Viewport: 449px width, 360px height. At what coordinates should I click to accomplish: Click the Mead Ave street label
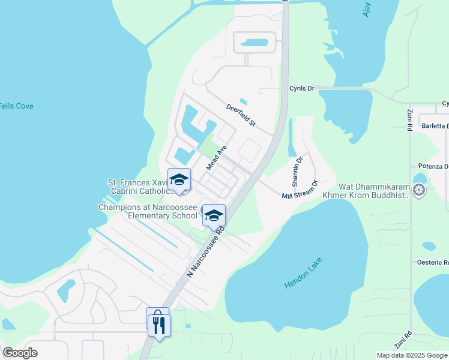click(x=217, y=157)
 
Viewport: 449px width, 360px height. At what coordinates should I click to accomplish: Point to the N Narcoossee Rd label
click(x=206, y=251)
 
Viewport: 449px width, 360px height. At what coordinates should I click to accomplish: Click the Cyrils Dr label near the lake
click(x=302, y=88)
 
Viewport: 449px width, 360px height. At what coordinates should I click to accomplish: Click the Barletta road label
click(x=435, y=126)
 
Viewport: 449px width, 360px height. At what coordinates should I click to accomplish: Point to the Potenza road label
click(x=433, y=166)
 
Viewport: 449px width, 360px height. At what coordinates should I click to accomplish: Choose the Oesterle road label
click(x=433, y=262)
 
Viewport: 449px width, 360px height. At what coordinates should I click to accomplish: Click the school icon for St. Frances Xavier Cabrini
click(x=179, y=180)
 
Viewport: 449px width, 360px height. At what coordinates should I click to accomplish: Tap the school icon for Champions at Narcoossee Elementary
click(x=213, y=215)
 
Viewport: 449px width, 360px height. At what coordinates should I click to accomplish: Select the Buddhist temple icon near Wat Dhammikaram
click(x=418, y=191)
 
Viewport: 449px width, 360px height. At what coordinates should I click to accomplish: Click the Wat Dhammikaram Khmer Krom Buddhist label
click(x=374, y=191)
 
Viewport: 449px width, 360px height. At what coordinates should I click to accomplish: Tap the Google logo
click(x=20, y=353)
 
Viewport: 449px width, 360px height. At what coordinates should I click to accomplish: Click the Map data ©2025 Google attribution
click(x=412, y=355)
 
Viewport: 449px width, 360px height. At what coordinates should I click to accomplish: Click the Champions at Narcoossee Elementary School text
click(x=148, y=211)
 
